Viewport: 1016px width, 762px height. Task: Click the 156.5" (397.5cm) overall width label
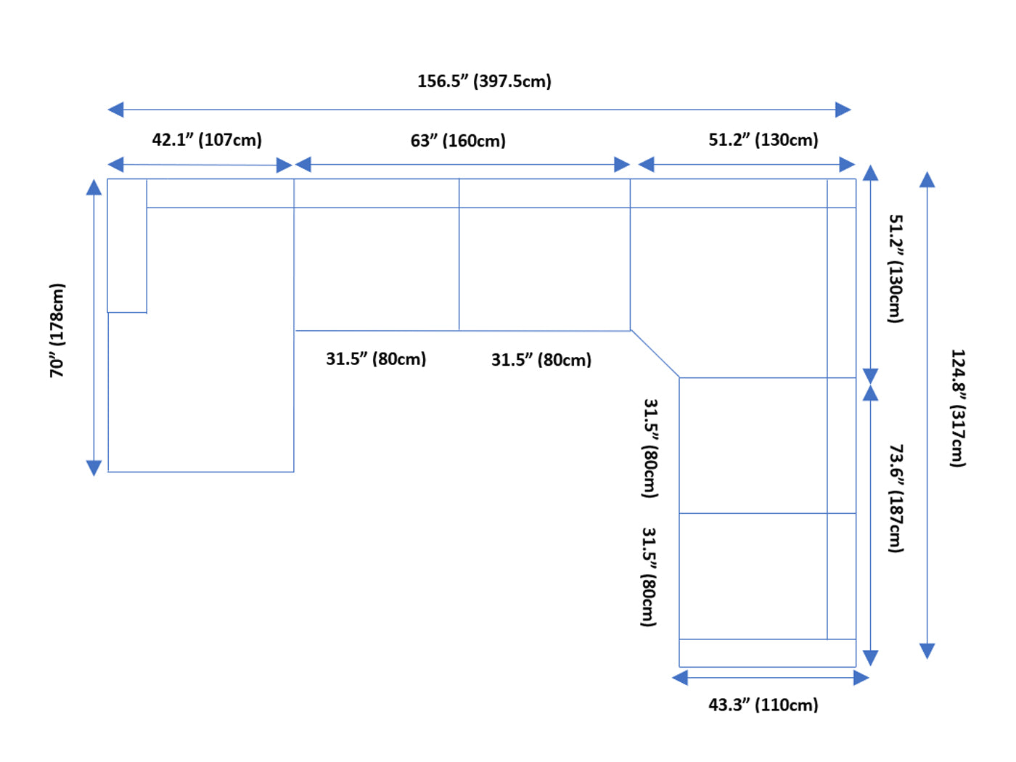coord(484,81)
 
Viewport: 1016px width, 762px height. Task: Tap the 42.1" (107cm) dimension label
coord(207,139)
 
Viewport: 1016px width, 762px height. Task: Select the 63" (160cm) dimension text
coord(458,140)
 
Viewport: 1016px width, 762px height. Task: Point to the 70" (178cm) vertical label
coord(57,330)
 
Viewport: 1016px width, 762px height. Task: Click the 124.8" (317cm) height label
coord(958,409)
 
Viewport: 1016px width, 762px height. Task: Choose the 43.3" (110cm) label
coord(763,705)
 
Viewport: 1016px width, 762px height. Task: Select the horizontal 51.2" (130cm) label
coord(763,139)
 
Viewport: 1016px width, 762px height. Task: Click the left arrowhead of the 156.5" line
coord(115,110)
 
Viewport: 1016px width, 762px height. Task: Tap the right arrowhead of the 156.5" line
coord(843,110)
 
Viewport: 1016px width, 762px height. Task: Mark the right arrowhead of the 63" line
coord(622,165)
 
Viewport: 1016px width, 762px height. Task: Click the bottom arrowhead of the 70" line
coord(94,467)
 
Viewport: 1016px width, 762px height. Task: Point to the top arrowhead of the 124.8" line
coord(927,179)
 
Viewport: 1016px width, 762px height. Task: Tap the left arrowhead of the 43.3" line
coord(680,678)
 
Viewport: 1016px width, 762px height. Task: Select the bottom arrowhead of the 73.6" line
coord(871,658)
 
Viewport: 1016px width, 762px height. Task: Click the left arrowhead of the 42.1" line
coord(115,165)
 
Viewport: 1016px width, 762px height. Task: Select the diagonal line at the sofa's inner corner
coord(655,354)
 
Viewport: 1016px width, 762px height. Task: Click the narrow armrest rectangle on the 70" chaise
coord(127,245)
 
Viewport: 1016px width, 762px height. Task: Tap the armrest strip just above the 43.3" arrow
coord(767,653)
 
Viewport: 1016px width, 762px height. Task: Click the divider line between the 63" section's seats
coord(459,269)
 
